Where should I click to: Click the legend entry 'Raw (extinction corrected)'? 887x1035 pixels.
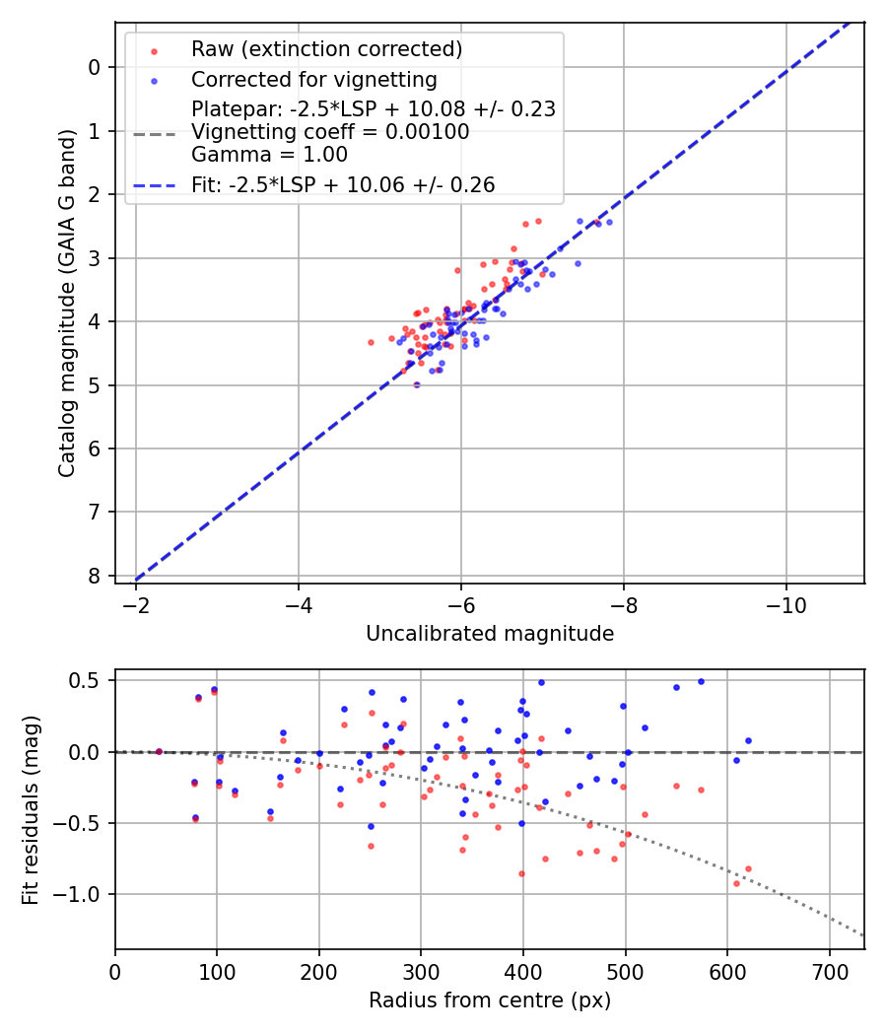[326, 48]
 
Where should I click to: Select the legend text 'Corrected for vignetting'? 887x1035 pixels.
[313, 79]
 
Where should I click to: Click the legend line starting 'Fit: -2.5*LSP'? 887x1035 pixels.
[342, 184]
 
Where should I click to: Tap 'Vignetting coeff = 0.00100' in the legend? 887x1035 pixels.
[330, 132]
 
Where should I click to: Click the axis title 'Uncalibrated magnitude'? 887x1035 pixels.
[490, 634]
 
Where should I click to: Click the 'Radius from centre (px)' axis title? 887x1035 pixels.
[490, 1000]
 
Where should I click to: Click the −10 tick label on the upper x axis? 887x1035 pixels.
[785, 602]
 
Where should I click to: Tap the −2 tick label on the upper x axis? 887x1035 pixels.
[136, 602]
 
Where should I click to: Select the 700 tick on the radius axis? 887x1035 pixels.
[829, 968]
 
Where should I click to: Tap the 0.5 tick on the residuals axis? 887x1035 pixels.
[89, 680]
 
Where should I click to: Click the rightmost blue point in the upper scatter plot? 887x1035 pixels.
[609, 222]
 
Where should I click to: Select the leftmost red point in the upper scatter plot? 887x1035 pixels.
[371, 342]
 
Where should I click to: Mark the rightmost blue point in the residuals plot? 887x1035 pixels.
[748, 740]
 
